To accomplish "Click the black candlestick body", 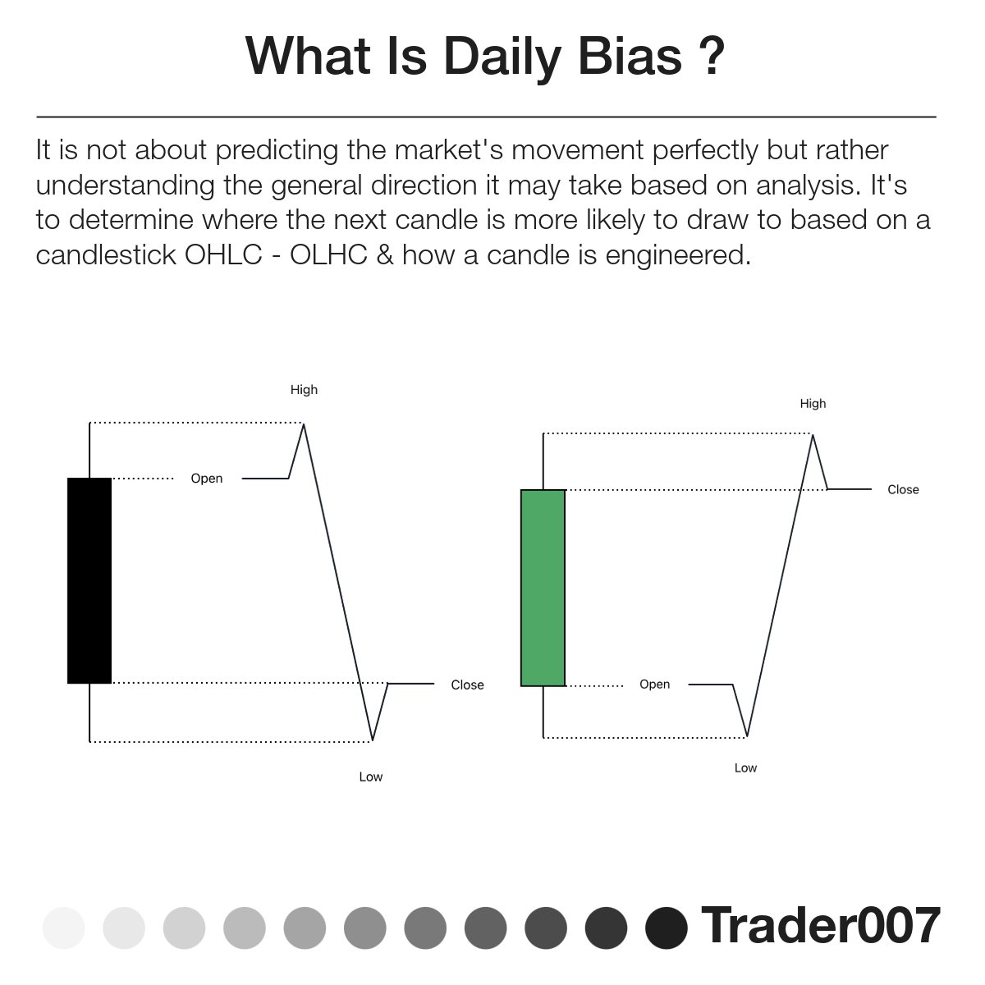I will pos(89,580).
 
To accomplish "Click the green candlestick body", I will pos(543,588).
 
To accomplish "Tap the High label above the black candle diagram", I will pos(304,390).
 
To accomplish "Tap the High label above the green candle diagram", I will pos(813,404).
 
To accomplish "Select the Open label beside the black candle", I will pos(207,479).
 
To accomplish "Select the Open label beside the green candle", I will pos(655,685).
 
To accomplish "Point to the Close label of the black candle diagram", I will pos(467,685).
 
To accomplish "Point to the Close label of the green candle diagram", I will pos(903,490).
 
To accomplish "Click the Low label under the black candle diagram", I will pos(371,777).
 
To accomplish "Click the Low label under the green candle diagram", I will pos(745,768).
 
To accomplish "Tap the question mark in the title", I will pos(712,57).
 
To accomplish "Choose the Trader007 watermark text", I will pos(820,926).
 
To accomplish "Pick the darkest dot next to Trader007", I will pos(667,928).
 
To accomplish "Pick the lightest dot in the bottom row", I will pos(64,928).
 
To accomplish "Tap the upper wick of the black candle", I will pos(89,450).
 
